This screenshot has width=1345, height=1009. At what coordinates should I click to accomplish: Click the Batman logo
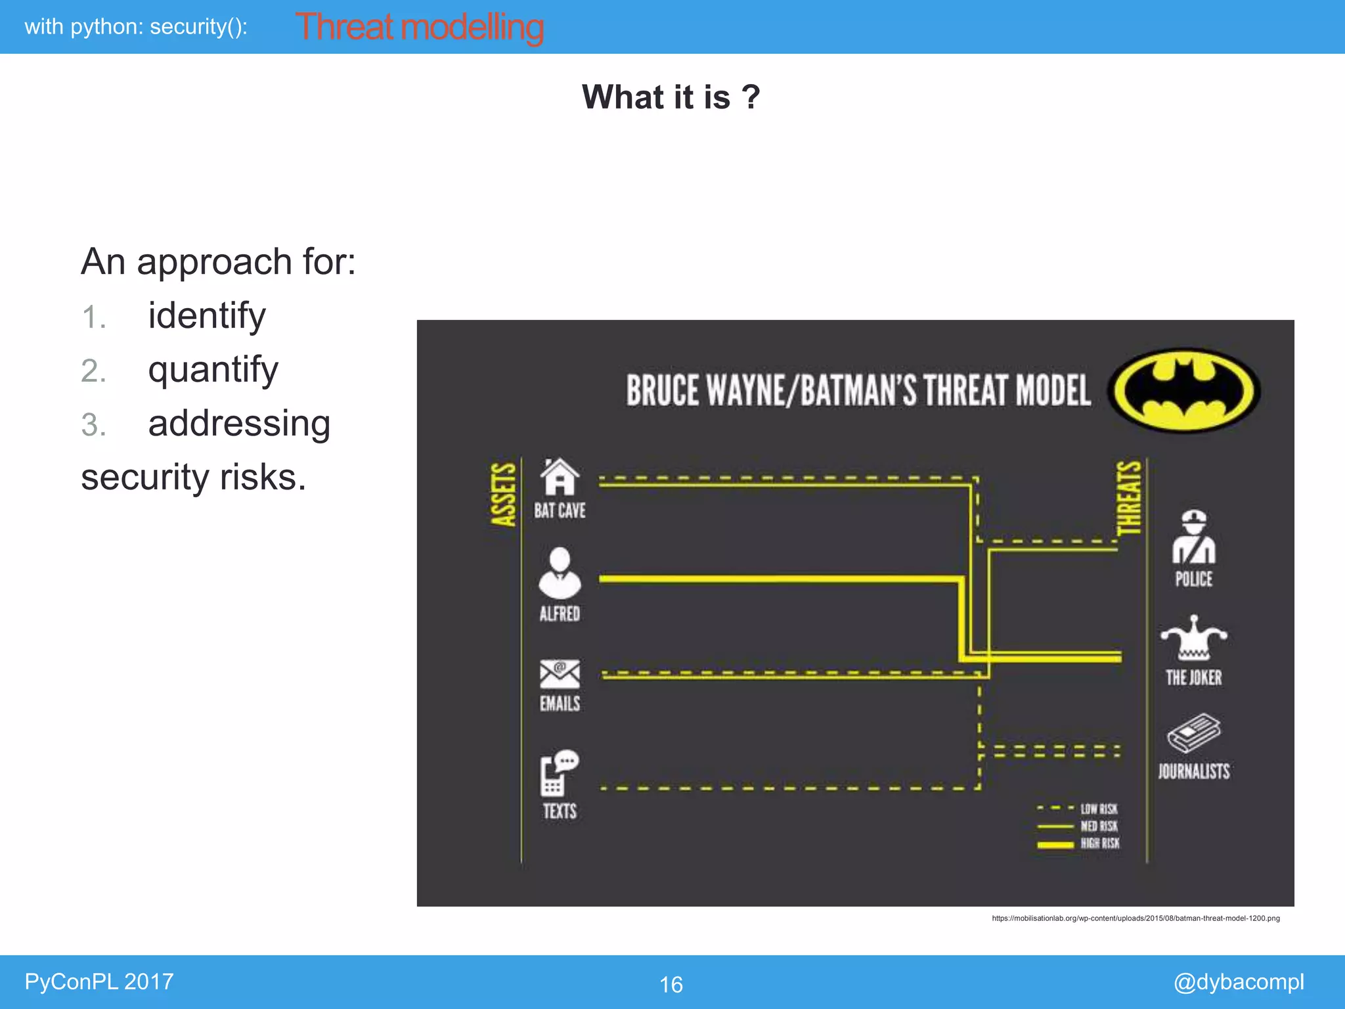pos(1184,390)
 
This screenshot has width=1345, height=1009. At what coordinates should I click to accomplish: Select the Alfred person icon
pos(560,573)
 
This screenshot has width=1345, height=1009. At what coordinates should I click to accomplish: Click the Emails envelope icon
pos(560,674)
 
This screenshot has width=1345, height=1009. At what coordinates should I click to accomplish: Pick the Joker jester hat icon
pos(1194,638)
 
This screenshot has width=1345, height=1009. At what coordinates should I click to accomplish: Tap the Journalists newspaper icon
pos(1194,733)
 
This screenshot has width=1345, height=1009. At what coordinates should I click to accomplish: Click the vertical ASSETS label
pos(504,494)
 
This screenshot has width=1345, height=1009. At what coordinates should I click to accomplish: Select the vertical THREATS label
pos(1130,497)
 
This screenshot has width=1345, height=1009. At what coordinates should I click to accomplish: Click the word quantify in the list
pos(213,369)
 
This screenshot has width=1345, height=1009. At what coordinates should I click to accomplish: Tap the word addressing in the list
pos(239,423)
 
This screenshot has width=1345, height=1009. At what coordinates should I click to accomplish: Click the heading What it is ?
pos(671,97)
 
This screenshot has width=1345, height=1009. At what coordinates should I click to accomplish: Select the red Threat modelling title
pos(420,28)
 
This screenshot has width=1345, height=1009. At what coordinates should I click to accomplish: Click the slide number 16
pos(671,984)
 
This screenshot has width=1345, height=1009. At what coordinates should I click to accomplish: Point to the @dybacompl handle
pos(1238,981)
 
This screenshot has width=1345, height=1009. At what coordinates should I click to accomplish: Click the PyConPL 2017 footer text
pos(99,981)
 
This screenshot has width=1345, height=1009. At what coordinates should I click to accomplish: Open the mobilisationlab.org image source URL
pos(1136,918)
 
